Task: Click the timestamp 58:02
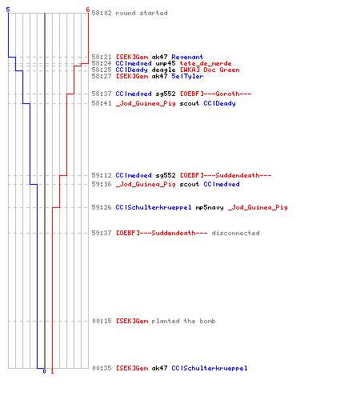[x=102, y=13]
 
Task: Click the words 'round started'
[x=142, y=13]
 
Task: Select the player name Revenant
[x=187, y=57]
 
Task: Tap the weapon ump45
[x=166, y=63]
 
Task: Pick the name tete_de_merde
[x=206, y=63]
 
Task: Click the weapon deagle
[x=163, y=70]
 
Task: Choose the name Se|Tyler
[x=187, y=76]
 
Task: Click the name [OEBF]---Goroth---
[x=215, y=94]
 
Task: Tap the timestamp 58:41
[x=102, y=103]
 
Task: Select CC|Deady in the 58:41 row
[x=219, y=103]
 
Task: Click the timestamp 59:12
[x=102, y=175]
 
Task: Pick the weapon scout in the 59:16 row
[x=190, y=184]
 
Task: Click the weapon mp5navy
[x=210, y=207]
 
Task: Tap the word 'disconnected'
[x=235, y=233]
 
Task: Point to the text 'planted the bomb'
[x=183, y=321]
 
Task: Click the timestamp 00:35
[x=102, y=368]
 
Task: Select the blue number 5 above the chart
[x=8, y=10]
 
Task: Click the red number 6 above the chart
[x=88, y=10]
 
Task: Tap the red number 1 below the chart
[x=52, y=371]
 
